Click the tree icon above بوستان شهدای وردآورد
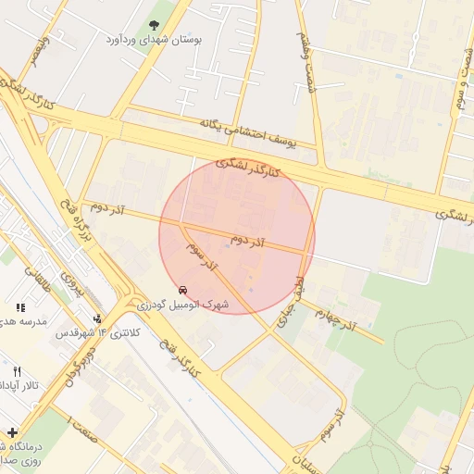(154, 25)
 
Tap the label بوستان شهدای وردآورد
(154, 42)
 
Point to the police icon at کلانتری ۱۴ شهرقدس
(98, 318)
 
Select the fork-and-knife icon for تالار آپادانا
(16, 371)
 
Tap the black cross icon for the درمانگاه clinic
(11, 431)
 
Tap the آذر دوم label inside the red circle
(247, 240)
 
